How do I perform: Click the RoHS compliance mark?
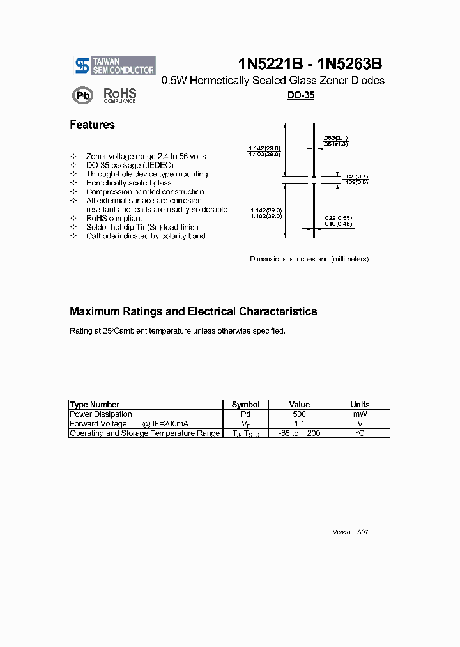tap(120, 95)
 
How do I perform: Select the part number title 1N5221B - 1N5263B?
tap(310, 64)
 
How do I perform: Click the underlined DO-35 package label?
tap(300, 95)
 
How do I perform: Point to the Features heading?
tap(92, 125)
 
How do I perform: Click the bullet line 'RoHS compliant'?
tap(114, 218)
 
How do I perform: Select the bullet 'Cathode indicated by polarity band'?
tap(146, 236)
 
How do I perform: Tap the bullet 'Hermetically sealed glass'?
tap(128, 183)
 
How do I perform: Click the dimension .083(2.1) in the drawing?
tap(334, 138)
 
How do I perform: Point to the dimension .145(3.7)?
tap(355, 176)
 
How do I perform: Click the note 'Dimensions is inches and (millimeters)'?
tap(309, 259)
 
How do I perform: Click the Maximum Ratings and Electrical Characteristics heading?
tap(193, 312)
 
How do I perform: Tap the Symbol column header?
tap(245, 405)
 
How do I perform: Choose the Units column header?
tap(360, 405)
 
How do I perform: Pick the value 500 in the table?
tap(299, 414)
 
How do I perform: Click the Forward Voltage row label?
tap(98, 424)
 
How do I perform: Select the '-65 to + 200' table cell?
tap(299, 433)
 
